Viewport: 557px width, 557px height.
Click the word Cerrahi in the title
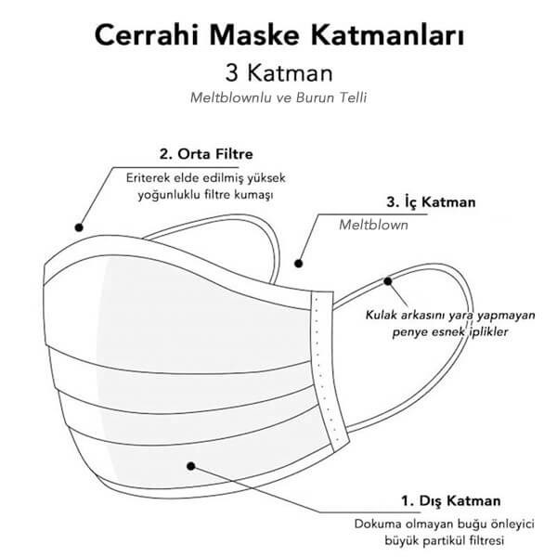click(146, 35)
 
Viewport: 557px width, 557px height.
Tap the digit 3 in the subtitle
click(231, 72)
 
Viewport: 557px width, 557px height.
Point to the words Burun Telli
click(331, 97)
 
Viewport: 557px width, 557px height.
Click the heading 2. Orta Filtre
click(206, 154)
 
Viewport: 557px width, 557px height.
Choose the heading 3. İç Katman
click(431, 202)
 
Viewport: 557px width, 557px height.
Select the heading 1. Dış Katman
click(451, 501)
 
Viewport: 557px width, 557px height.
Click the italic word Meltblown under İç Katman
click(374, 225)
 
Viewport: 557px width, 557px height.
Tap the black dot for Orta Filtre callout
click(79, 227)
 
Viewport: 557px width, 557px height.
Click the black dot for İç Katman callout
click(298, 264)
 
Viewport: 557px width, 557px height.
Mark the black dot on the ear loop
click(387, 281)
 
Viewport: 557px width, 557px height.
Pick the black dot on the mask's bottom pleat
click(190, 466)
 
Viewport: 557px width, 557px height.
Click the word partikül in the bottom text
click(440, 541)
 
